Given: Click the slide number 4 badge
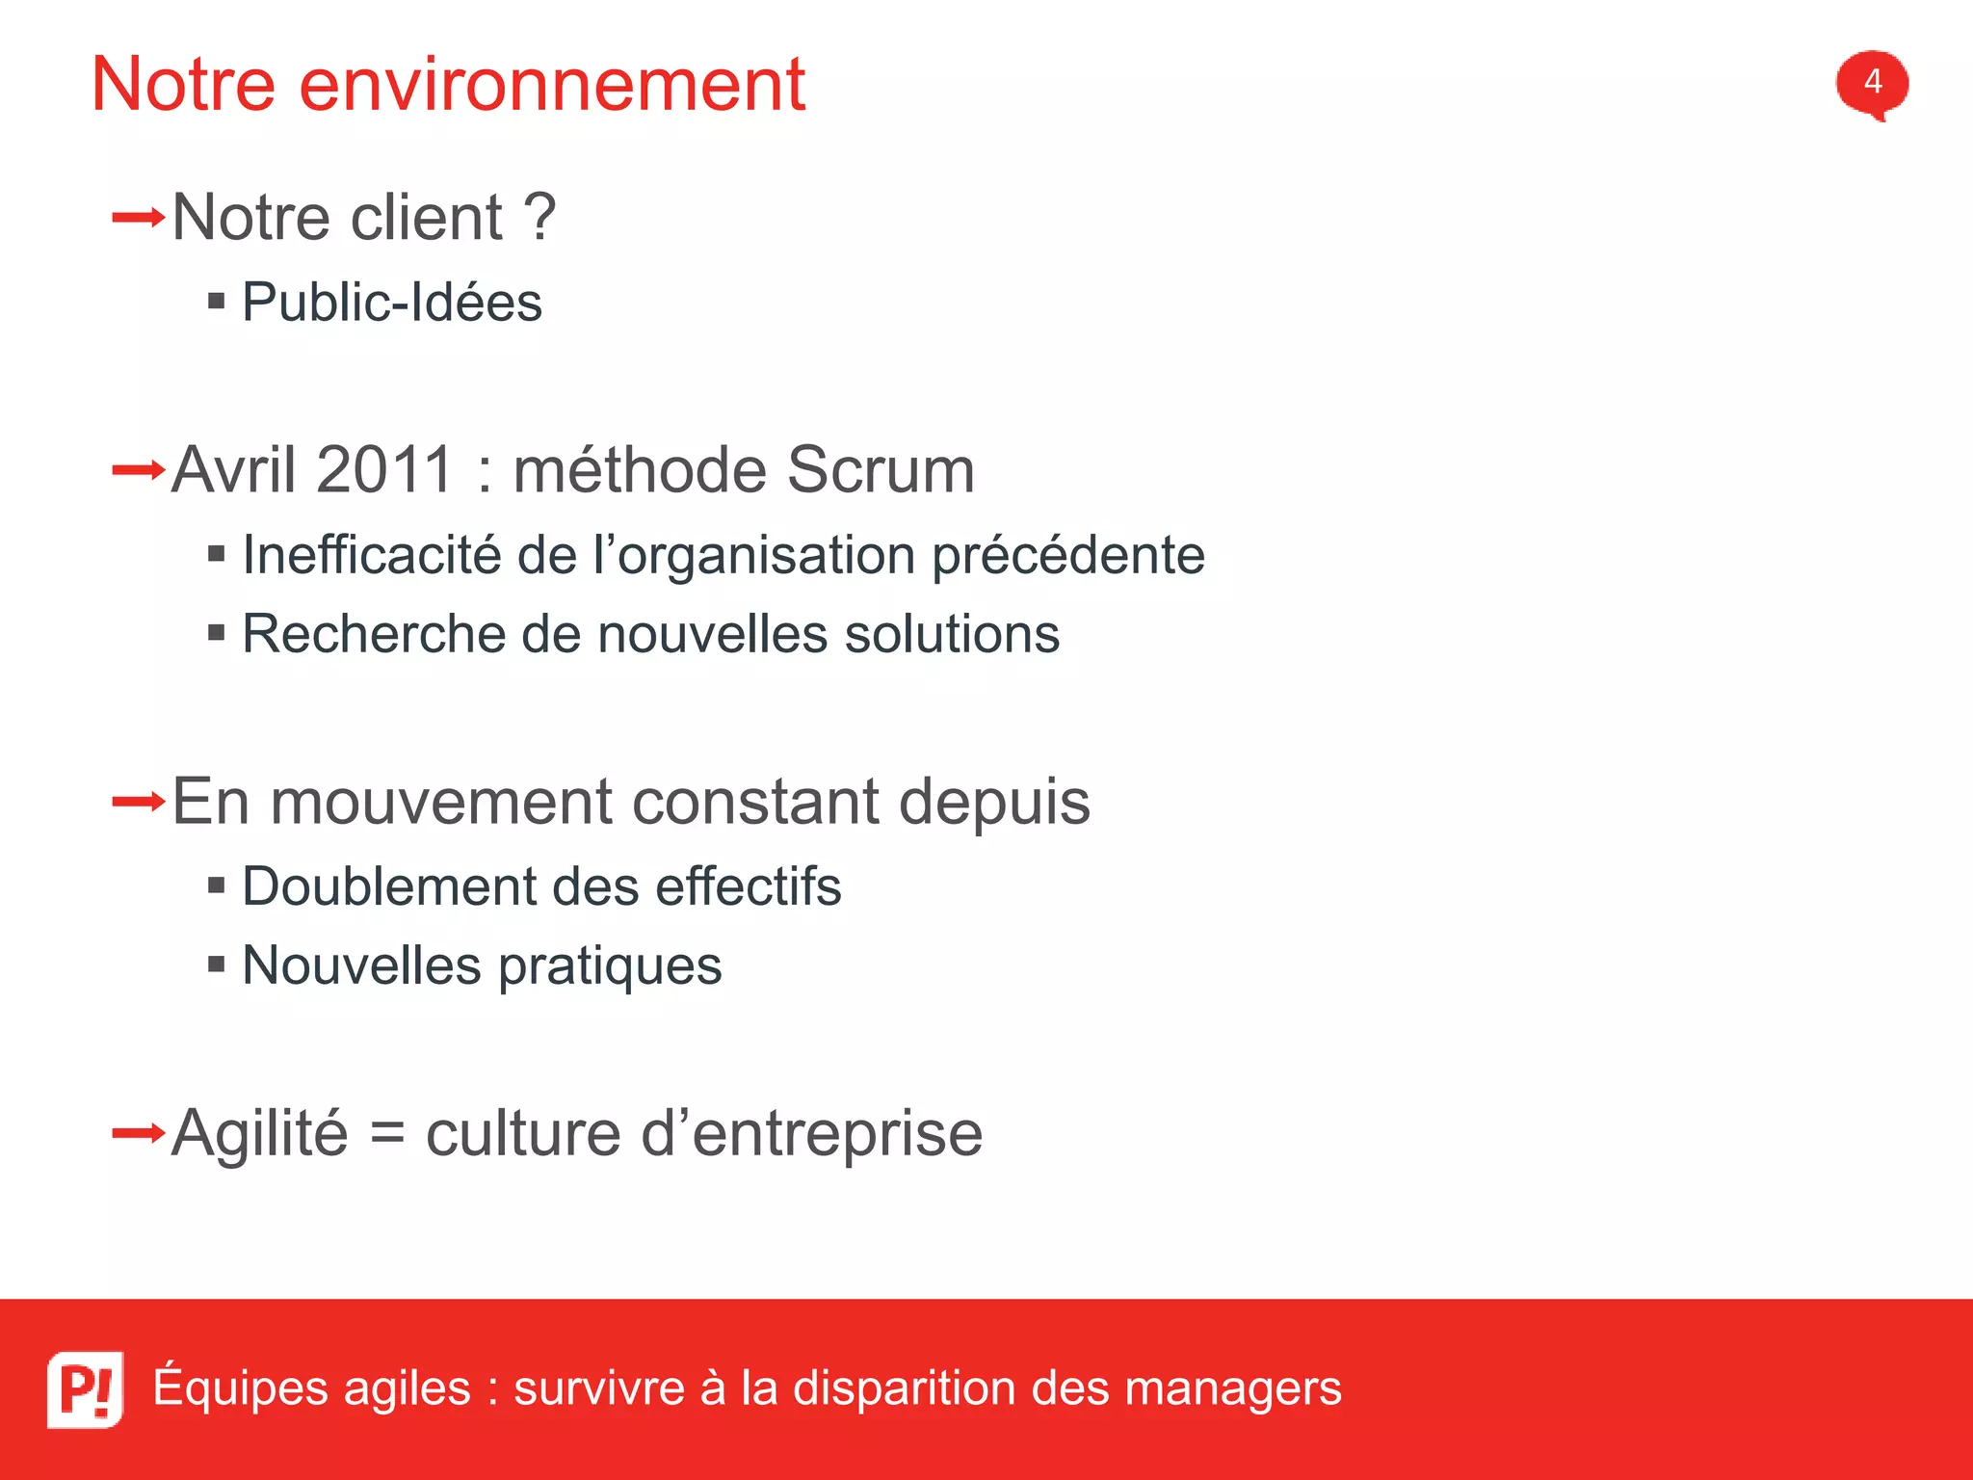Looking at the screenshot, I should [1871, 83].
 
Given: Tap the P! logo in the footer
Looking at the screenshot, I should [86, 1388].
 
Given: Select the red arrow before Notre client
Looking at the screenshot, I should [138, 218].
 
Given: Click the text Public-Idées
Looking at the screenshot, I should [391, 303].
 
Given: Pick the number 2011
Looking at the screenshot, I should [383, 470].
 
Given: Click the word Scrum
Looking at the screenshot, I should [880, 470].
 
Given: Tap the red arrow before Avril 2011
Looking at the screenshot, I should [138, 470].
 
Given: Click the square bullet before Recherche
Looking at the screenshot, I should [217, 633].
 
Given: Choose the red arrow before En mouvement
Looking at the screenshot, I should [138, 802].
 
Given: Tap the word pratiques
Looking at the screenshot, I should [610, 966].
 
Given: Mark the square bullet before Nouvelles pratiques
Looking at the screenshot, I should [217, 964].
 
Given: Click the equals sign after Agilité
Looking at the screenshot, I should [386, 1133].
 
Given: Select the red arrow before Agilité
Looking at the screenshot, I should [138, 1133].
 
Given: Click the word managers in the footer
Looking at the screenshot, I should [1232, 1389].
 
